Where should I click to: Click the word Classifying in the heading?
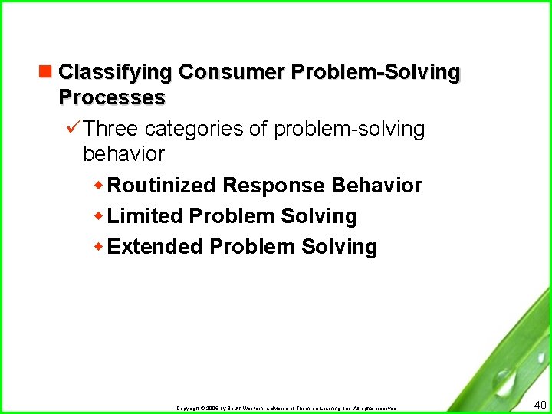click(115, 73)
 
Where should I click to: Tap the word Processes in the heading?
click(112, 97)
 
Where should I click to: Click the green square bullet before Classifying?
click(48, 72)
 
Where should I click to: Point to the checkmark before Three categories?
click(74, 129)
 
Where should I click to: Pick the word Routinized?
click(162, 186)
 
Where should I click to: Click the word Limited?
click(145, 216)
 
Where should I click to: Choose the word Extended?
click(155, 247)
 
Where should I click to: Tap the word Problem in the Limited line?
click(232, 216)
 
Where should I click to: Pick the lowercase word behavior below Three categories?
click(123, 154)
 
